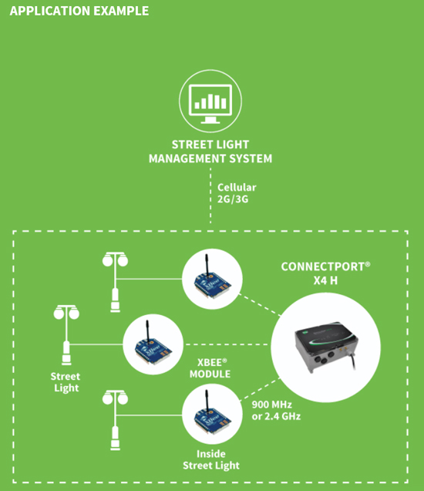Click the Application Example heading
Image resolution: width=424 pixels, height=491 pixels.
79,11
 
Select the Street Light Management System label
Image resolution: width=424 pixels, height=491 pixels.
210,151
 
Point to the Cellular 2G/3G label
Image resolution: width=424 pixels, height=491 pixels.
237,193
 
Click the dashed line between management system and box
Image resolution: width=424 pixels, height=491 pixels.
210,196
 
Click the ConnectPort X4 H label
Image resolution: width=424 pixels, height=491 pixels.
325,273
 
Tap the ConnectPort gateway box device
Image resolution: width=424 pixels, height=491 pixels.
326,347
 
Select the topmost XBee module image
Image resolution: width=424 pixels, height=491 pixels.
212,279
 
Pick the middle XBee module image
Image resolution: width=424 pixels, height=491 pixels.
153,344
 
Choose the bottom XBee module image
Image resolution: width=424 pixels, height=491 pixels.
212,415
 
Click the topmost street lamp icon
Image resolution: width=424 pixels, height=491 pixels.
115,282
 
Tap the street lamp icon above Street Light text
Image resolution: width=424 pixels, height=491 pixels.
66,335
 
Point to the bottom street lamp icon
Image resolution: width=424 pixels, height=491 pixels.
115,420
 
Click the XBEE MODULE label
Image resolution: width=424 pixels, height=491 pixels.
210,368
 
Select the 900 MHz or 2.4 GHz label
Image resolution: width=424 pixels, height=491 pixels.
276,411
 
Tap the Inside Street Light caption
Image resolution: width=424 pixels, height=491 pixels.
211,459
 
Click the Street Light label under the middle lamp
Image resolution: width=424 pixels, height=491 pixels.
66,382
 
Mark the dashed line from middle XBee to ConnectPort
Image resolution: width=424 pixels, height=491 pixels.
227,344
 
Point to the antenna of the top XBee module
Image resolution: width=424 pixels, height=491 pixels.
207,266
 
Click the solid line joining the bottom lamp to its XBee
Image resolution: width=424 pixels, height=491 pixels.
149,415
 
